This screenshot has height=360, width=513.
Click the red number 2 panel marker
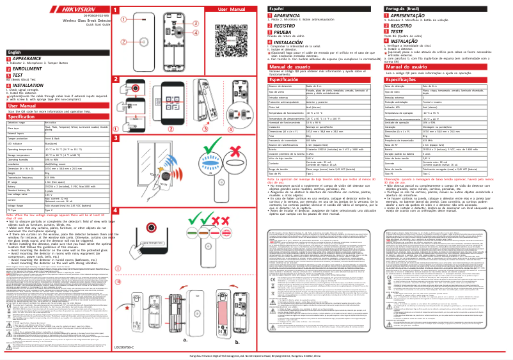(x=116, y=79)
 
